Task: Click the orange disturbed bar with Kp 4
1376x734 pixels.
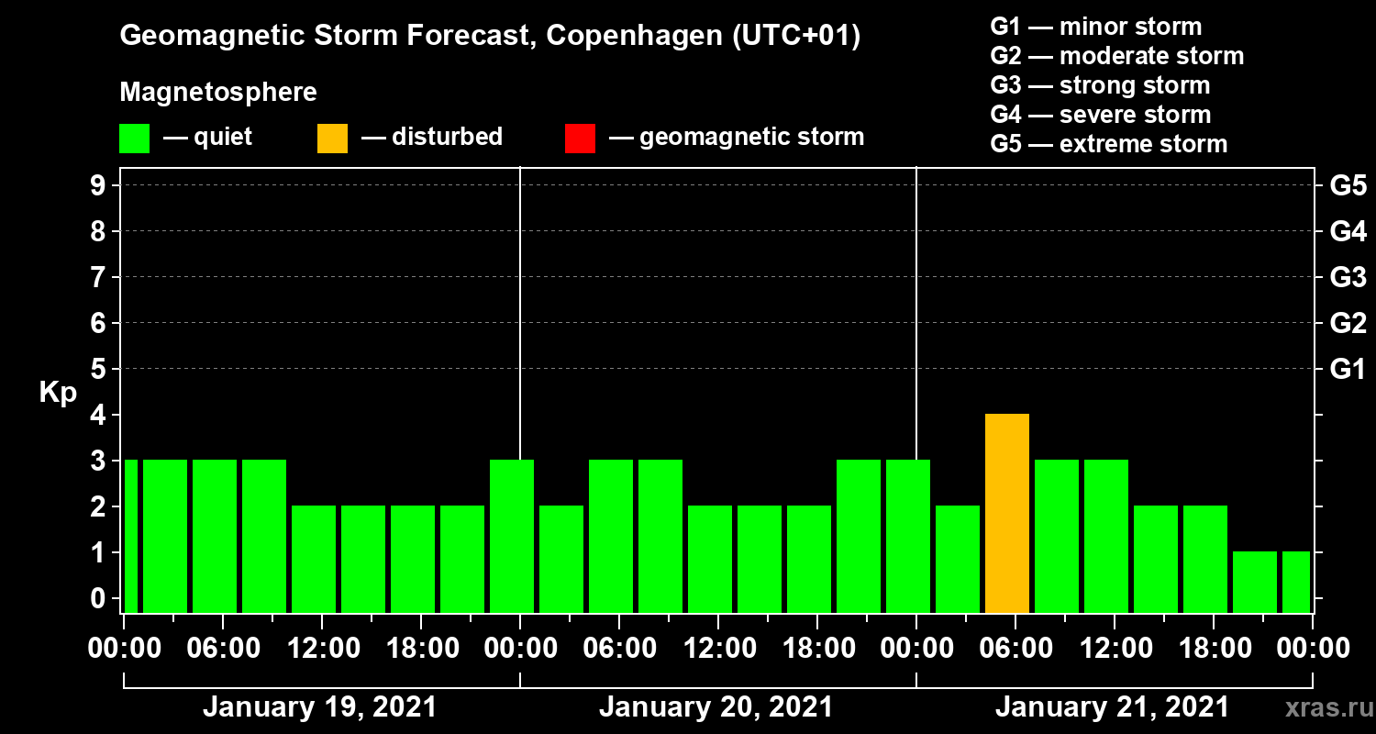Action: click(x=1006, y=513)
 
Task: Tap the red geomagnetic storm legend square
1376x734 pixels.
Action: click(x=580, y=139)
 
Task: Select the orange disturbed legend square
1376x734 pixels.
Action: click(x=332, y=139)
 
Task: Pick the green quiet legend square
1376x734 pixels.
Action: click(x=134, y=139)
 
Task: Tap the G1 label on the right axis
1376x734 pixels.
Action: click(x=1347, y=370)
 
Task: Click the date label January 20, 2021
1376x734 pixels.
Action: click(x=716, y=707)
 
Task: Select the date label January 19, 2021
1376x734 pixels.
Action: click(x=319, y=707)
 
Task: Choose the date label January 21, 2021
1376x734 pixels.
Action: click(x=1112, y=707)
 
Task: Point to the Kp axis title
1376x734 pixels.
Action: click(x=58, y=393)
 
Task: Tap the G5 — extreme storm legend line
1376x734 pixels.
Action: click(x=1108, y=144)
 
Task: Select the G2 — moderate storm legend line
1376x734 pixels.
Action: click(x=1116, y=56)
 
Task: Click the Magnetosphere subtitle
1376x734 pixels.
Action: click(x=218, y=93)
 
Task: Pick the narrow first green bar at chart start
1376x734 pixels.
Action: click(x=130, y=536)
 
